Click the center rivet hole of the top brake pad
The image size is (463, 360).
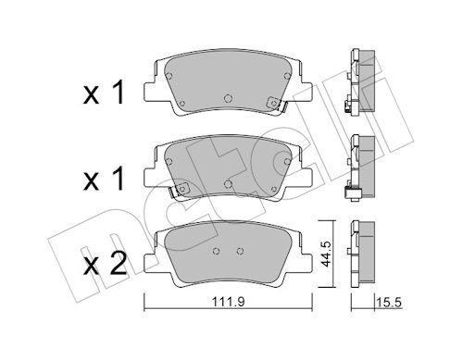(x=229, y=94)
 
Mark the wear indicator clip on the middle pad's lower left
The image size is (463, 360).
(x=181, y=190)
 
